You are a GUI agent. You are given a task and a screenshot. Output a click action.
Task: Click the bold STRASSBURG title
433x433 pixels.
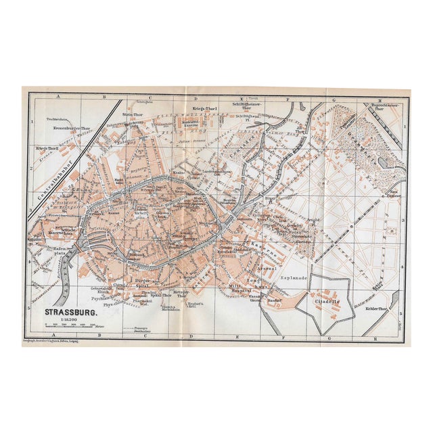[70, 313]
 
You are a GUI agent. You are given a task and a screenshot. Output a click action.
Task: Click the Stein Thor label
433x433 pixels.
[131, 115]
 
